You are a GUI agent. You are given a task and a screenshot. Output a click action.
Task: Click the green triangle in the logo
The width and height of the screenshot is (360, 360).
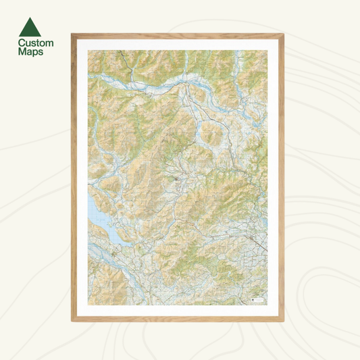click(x=29, y=28)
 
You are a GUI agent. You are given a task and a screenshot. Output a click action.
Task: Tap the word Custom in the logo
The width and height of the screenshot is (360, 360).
click(x=36, y=43)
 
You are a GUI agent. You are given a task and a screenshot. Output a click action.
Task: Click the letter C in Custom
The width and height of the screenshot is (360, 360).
click(x=22, y=43)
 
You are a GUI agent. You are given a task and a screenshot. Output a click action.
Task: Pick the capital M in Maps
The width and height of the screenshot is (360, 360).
click(x=22, y=51)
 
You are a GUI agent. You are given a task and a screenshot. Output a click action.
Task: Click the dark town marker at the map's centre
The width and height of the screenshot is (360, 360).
click(x=177, y=178)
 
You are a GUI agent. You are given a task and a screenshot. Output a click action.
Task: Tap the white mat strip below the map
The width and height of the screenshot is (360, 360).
click(x=178, y=311)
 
